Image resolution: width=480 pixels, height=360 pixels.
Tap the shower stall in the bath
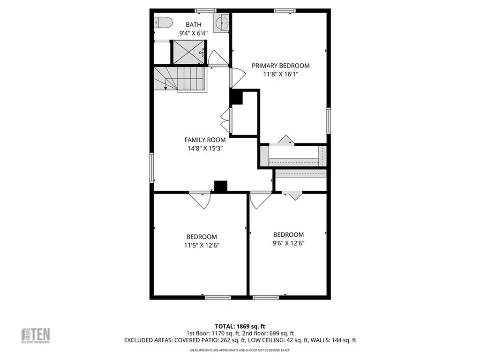point(187,52)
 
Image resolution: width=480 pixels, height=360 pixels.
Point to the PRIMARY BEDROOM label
point(280,66)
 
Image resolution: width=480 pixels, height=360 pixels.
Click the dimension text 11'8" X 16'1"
point(280,74)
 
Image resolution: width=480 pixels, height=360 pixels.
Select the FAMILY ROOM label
point(205,140)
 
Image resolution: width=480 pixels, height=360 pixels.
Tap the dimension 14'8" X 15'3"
point(205,148)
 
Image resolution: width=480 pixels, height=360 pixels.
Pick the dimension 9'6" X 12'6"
point(288,243)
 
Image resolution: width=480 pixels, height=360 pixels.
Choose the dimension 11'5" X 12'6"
point(201,245)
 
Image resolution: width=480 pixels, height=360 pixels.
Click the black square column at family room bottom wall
point(220,186)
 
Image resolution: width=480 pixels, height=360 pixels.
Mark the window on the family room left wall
point(152,168)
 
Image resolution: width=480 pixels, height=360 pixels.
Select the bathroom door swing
point(217,58)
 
